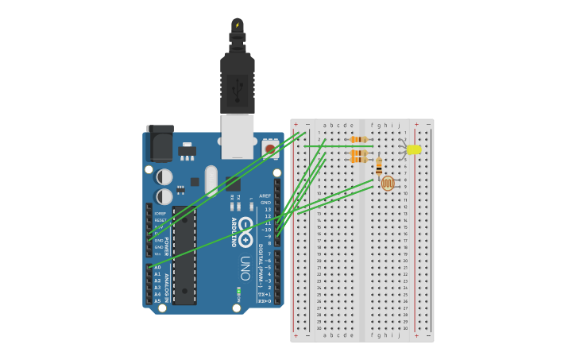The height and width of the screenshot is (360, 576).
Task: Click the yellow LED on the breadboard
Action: [413, 149]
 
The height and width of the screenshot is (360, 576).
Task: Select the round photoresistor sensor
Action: [388, 184]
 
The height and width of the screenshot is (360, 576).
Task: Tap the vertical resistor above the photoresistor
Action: [379, 166]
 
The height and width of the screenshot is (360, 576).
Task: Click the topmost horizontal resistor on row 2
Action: [359, 140]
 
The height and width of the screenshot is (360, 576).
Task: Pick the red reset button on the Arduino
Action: [270, 149]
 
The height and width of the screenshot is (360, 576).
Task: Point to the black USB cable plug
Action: [237, 79]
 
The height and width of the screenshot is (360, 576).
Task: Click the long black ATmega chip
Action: [184, 255]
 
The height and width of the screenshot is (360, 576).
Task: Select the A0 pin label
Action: [157, 268]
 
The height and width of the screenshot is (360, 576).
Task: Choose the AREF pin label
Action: [265, 195]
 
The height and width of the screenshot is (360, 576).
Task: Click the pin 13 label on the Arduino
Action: [268, 209]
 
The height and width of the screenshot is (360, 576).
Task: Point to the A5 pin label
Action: [157, 301]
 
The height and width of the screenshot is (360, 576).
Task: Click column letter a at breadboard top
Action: [324, 125]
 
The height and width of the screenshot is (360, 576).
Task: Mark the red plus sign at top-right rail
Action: [416, 124]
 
